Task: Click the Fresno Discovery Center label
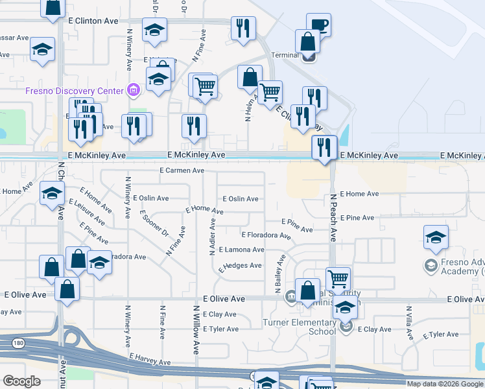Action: click(x=74, y=91)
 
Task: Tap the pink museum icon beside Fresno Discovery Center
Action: click(x=134, y=89)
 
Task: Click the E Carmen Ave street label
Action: click(x=182, y=171)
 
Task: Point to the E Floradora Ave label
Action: click(x=266, y=235)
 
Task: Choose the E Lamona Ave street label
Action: click(x=241, y=250)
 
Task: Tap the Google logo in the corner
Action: click(x=21, y=381)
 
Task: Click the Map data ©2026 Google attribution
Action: click(x=445, y=384)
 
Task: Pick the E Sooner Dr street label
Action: click(x=154, y=224)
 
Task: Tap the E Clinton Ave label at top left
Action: click(x=93, y=21)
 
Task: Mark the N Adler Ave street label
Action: click(x=212, y=237)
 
